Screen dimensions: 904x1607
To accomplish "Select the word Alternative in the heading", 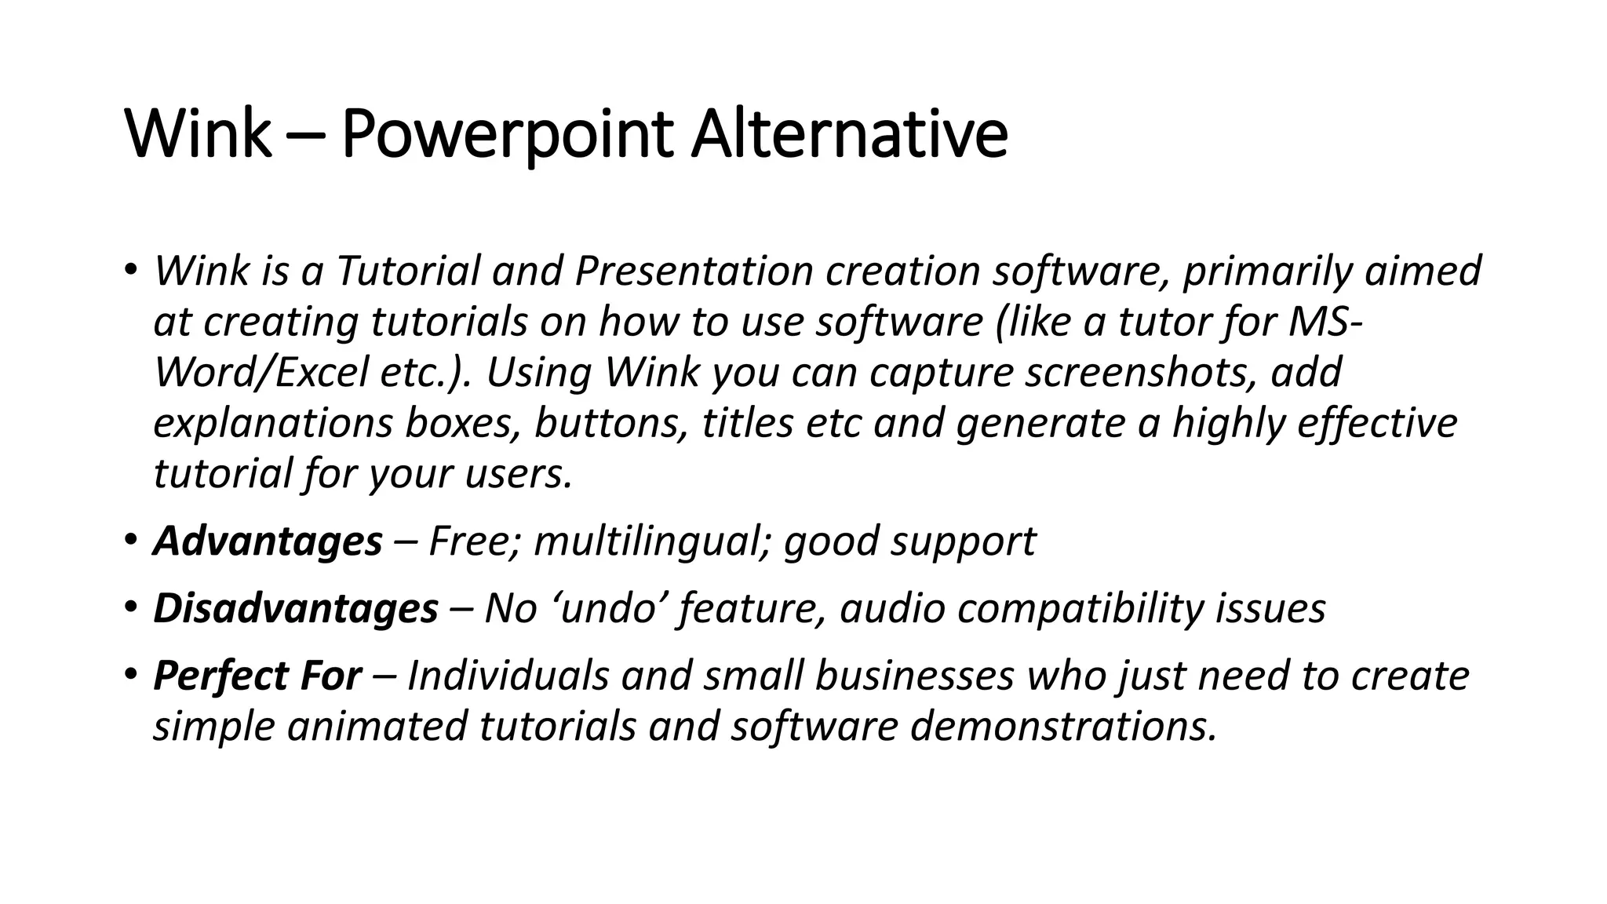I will (849, 135).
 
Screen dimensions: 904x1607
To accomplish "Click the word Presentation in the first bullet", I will (694, 272).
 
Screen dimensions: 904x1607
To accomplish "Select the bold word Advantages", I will (268, 541).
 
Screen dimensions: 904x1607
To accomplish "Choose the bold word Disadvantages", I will (295, 609).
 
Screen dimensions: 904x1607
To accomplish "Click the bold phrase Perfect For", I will (257, 676).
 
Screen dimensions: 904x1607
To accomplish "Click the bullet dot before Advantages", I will (130, 541).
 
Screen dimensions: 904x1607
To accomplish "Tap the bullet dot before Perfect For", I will (130, 676).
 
